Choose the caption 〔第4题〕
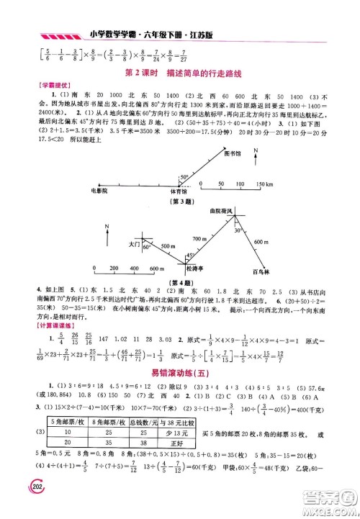[172, 282]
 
